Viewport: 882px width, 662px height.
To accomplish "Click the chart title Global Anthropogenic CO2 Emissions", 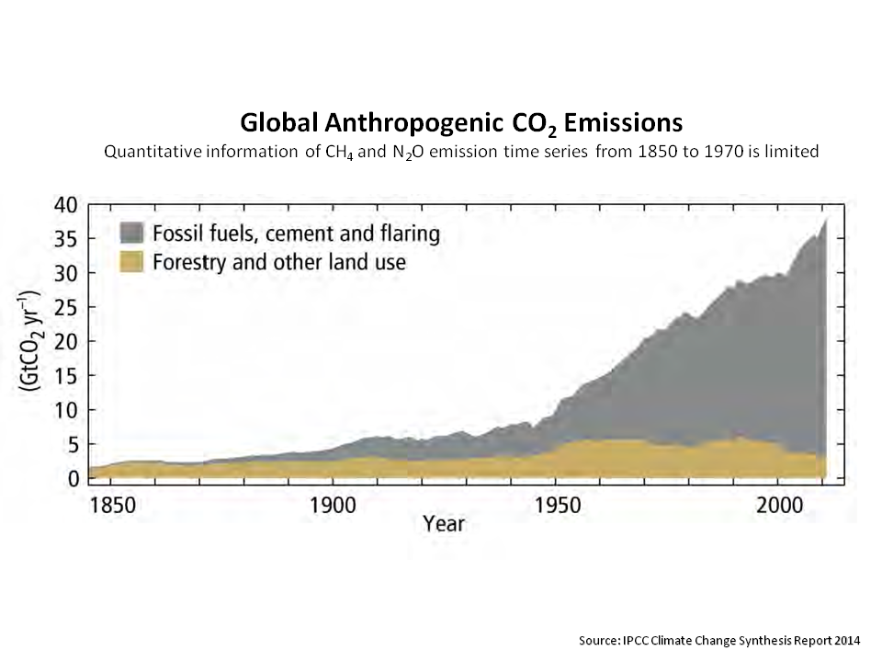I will tap(461, 123).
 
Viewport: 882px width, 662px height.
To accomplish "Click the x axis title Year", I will tap(444, 525).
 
